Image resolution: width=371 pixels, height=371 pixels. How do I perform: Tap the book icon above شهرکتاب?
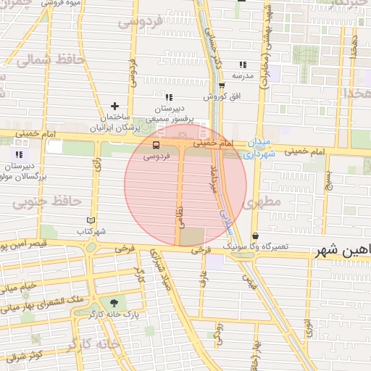[x=91, y=220]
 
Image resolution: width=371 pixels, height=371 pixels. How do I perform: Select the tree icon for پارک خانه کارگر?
[x=112, y=302]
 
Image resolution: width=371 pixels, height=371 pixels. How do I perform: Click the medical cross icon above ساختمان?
[x=114, y=107]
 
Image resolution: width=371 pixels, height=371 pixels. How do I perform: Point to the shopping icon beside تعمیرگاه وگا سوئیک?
[x=255, y=236]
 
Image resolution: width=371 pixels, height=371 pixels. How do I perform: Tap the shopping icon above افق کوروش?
[x=221, y=85]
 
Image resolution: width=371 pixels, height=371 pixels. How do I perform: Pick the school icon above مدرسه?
[x=243, y=64]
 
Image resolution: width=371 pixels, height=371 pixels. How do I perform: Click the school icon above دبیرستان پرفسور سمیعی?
[x=168, y=97]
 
